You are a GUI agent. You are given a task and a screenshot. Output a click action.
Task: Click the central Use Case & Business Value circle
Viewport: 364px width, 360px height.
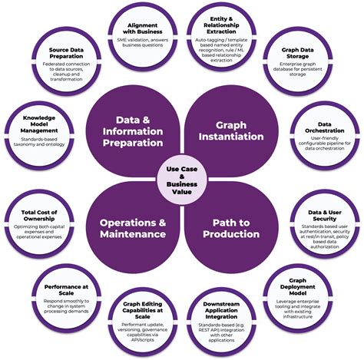pyautogui.click(x=181, y=180)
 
